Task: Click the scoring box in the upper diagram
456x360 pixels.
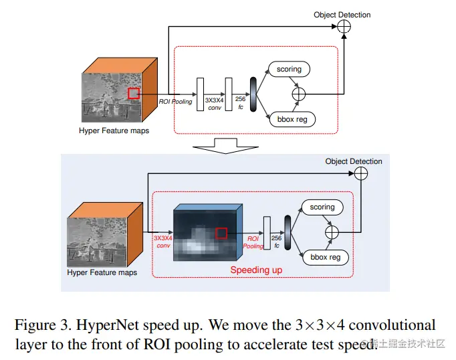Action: pyautogui.click(x=290, y=69)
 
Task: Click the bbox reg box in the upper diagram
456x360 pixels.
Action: pyautogui.click(x=291, y=120)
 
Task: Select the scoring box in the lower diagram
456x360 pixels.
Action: pyautogui.click(x=322, y=207)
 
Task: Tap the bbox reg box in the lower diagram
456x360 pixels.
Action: pyautogui.click(x=325, y=257)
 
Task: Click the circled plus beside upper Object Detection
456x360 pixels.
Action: pyautogui.click(x=344, y=26)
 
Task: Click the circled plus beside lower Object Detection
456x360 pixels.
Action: pyautogui.click(x=360, y=173)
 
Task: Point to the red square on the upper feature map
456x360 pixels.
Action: pyautogui.click(x=134, y=94)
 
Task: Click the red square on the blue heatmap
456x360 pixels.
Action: pyautogui.click(x=221, y=233)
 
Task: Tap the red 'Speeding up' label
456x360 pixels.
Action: pyautogui.click(x=256, y=270)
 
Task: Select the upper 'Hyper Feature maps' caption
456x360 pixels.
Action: pyautogui.click(x=114, y=130)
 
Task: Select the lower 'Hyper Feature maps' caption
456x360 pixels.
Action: pyautogui.click(x=102, y=272)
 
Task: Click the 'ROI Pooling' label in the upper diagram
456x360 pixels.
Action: pyautogui.click(x=176, y=102)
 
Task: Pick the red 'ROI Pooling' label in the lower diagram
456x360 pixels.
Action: pyautogui.click(x=253, y=242)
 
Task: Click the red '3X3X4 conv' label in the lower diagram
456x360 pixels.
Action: pyautogui.click(x=163, y=241)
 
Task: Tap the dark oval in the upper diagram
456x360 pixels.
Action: pyautogui.click(x=253, y=94)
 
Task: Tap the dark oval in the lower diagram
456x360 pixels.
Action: pyautogui.click(x=288, y=232)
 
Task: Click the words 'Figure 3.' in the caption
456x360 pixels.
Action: pyautogui.click(x=41, y=325)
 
